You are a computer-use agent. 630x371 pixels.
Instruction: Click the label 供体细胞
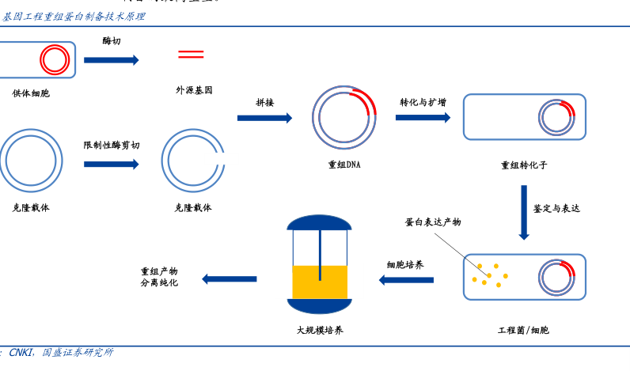(30, 93)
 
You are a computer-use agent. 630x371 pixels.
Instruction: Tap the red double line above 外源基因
(191, 55)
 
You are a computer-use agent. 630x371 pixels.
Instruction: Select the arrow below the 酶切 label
(111, 60)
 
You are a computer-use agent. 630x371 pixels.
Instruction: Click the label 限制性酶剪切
(112, 145)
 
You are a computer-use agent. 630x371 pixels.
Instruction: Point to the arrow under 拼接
(264, 118)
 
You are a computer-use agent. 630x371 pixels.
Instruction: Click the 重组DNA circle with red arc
(343, 117)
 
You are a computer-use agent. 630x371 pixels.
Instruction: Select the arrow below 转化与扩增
(423, 118)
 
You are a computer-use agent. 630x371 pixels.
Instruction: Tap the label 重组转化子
(524, 165)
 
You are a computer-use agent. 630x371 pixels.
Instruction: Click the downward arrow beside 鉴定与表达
(524, 212)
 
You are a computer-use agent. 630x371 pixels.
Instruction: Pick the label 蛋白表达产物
(433, 222)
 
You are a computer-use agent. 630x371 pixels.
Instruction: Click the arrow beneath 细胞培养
(406, 280)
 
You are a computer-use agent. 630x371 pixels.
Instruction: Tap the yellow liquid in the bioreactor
(320, 282)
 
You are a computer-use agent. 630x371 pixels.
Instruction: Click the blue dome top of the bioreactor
(319, 221)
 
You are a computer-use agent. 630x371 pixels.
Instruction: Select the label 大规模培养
(320, 330)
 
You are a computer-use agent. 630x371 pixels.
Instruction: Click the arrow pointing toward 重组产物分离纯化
(230, 279)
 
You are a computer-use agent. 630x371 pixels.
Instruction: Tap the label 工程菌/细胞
(523, 330)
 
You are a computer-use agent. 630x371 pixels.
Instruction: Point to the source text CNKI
(21, 353)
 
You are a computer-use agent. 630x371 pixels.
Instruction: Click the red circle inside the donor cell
(55, 59)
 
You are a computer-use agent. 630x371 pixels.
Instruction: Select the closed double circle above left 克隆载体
(31, 161)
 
